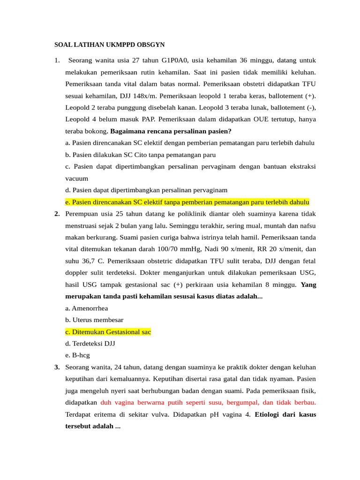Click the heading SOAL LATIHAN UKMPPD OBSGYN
tap(110, 45)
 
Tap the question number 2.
tap(57, 214)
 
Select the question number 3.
tap(57, 367)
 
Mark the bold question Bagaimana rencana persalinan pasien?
tap(171, 131)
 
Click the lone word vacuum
tap(77, 179)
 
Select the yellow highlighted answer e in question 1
tap(187, 202)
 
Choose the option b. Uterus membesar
tap(95, 320)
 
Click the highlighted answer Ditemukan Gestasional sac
tap(108, 332)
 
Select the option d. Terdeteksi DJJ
tap(90, 344)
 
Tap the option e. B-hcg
tap(78, 355)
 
